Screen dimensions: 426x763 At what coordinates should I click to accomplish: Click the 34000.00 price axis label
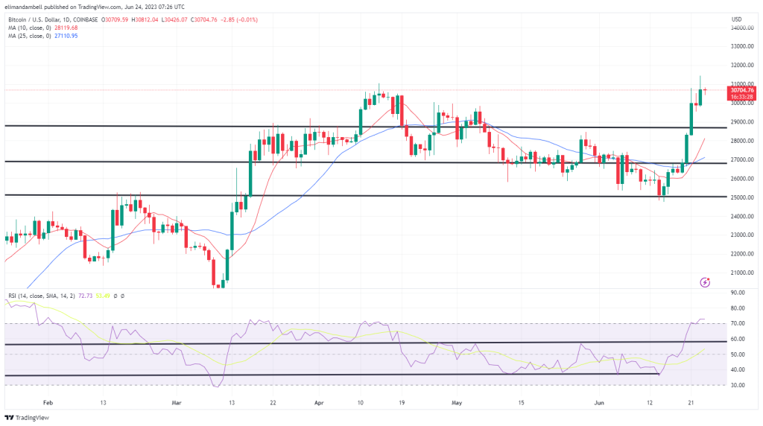click(x=741, y=28)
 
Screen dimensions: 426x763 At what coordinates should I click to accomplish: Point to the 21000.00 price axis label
click(x=741, y=273)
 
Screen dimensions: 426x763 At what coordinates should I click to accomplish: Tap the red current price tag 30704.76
click(x=742, y=90)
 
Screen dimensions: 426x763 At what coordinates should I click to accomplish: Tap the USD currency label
click(x=737, y=19)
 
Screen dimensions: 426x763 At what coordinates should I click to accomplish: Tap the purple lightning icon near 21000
click(x=705, y=282)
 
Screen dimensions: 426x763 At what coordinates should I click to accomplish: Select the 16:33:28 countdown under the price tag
click(x=742, y=97)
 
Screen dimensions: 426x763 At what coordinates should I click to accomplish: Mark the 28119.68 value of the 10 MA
click(x=77, y=27)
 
